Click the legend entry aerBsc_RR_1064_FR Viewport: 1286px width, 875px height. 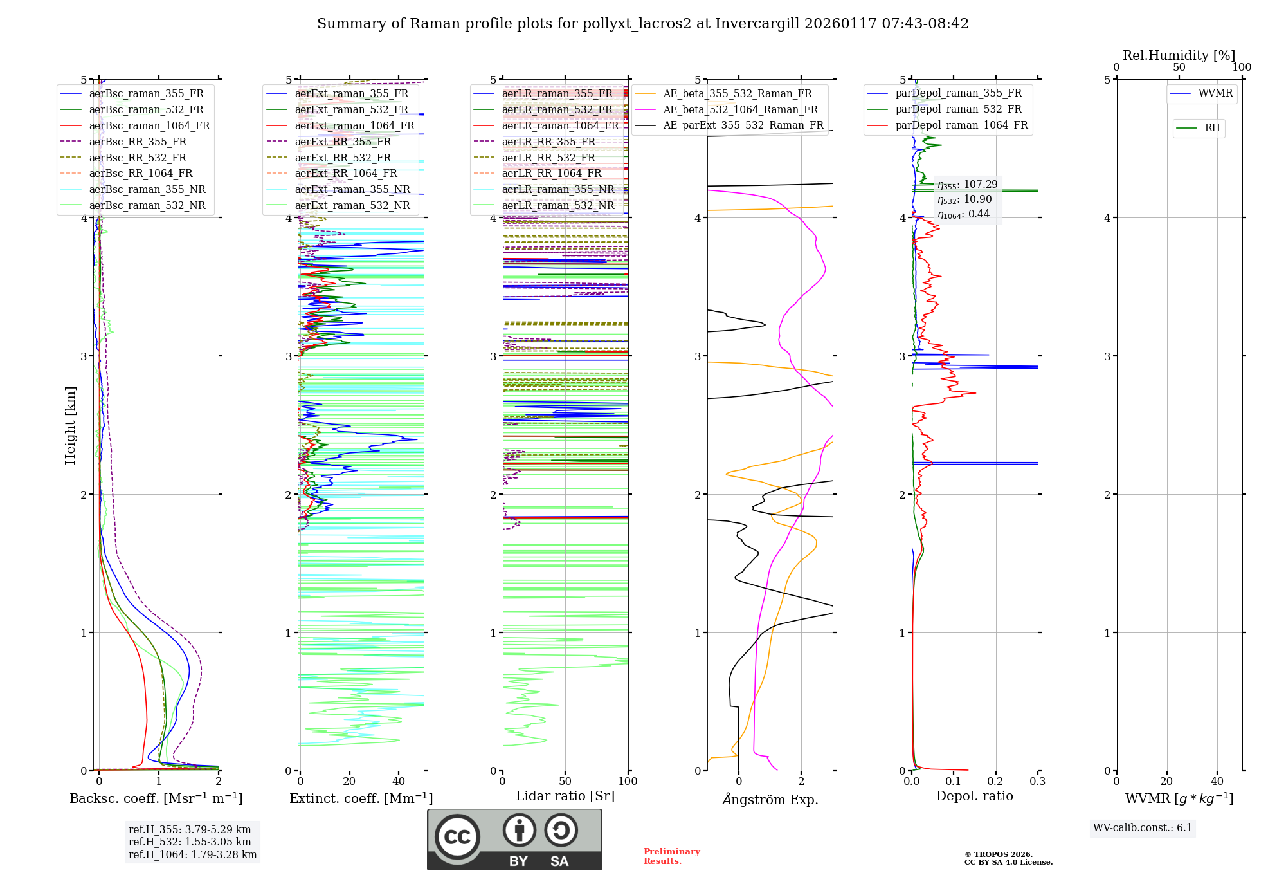(x=140, y=174)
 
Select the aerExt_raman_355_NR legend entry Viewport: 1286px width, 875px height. (x=352, y=190)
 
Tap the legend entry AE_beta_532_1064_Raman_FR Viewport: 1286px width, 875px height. (x=740, y=110)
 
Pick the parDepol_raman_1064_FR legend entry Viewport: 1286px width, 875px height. (x=961, y=125)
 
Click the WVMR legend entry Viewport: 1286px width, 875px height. (x=1215, y=93)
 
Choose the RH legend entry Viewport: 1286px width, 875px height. (x=1212, y=128)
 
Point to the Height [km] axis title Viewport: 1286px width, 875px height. (x=70, y=425)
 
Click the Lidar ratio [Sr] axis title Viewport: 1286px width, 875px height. (x=565, y=797)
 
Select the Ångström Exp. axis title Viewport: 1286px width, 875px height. (x=770, y=800)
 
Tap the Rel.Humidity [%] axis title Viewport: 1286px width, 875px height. (x=1179, y=55)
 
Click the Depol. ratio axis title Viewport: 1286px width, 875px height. (x=974, y=797)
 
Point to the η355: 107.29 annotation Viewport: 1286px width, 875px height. (x=967, y=185)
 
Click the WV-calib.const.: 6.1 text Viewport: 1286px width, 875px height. (x=1142, y=828)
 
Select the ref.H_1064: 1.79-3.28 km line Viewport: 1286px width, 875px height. (x=192, y=855)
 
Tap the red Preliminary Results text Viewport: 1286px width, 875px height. (x=671, y=856)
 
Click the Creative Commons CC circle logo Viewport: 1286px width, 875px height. (x=457, y=837)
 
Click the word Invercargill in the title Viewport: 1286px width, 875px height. (x=757, y=24)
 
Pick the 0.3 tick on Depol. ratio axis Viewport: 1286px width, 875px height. (x=1037, y=782)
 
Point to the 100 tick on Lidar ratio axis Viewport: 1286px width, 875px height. (x=628, y=782)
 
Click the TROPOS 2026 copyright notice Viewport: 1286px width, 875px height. (x=1008, y=858)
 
